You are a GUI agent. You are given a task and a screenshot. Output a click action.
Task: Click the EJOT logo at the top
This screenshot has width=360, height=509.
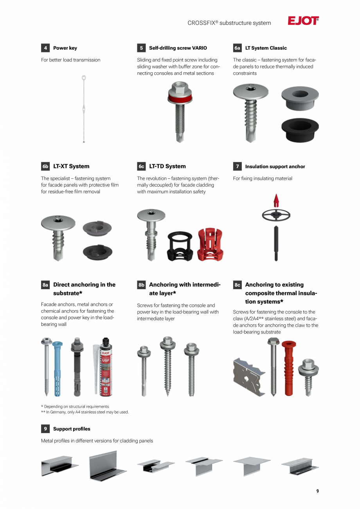(x=303, y=21)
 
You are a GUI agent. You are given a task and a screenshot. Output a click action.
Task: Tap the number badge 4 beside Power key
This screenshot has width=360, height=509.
(x=45, y=48)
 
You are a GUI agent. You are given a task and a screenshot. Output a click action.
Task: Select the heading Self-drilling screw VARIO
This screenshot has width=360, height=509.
(x=178, y=48)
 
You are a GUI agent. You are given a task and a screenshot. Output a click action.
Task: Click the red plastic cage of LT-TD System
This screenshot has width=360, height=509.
(x=210, y=245)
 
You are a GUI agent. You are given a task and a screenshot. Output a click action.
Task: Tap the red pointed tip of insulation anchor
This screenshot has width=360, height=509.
(x=276, y=200)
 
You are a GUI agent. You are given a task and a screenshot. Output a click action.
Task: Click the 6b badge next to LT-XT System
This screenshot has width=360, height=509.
(x=45, y=166)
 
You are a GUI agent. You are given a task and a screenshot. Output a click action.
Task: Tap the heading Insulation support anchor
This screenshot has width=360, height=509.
(x=275, y=167)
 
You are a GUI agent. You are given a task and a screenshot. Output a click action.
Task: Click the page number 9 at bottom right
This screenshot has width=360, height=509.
(x=317, y=491)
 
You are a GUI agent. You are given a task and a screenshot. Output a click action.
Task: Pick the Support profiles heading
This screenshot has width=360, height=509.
(x=72, y=429)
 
